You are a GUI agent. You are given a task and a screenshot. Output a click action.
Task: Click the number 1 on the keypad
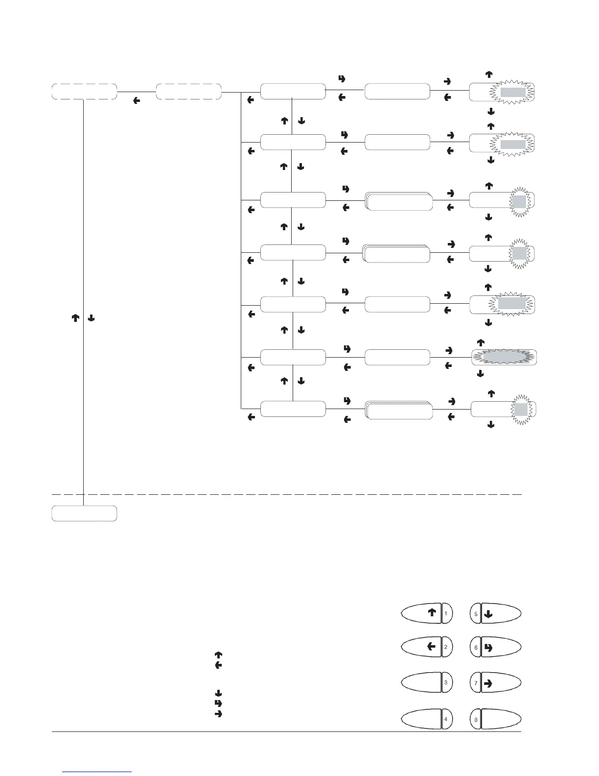(x=446, y=613)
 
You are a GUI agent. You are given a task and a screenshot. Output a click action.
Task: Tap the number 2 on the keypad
(x=446, y=647)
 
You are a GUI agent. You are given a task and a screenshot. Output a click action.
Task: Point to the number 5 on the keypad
(x=476, y=613)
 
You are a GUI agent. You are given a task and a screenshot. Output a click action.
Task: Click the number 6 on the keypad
(x=476, y=647)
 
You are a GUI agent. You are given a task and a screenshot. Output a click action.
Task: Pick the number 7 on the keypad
(x=476, y=682)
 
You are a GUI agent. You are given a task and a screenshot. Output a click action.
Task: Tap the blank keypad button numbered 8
(x=494, y=719)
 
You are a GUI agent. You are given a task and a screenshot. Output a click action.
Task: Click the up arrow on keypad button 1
(x=432, y=612)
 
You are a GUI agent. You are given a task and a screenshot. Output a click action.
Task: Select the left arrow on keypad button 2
(x=431, y=647)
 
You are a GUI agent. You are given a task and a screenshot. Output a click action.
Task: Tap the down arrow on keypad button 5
(x=488, y=613)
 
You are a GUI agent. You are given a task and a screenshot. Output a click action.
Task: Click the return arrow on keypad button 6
(x=488, y=647)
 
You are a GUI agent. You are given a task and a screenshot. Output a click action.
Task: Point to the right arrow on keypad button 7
(x=488, y=682)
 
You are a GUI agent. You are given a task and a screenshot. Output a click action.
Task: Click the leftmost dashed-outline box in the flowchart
(x=84, y=92)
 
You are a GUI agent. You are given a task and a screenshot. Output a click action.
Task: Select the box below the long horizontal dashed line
(x=84, y=513)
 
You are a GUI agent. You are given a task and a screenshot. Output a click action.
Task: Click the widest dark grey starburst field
(x=504, y=357)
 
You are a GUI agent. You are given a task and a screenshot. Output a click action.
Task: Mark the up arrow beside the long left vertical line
(x=76, y=318)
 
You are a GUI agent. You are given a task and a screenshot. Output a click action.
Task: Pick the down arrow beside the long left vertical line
(x=91, y=318)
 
